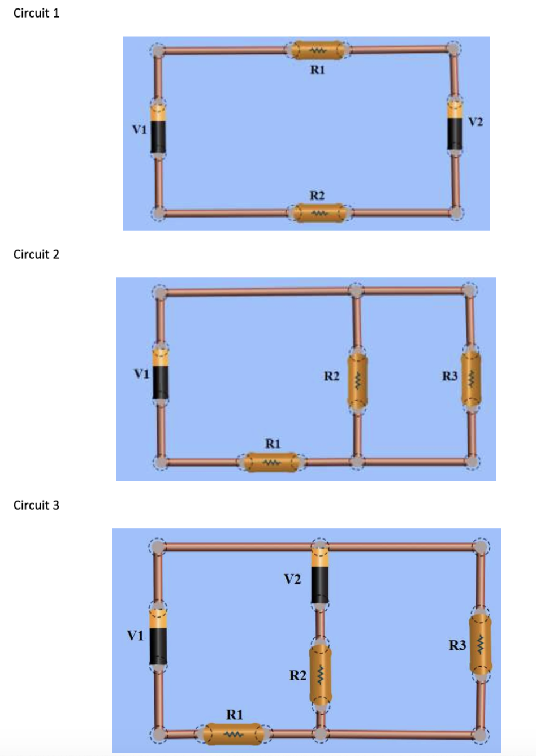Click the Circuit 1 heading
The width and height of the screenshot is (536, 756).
[x=36, y=13]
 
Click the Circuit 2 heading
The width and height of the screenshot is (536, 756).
[x=36, y=254]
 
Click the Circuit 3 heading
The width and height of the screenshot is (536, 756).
[x=36, y=505]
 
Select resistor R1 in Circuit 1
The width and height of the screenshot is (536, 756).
[x=318, y=50]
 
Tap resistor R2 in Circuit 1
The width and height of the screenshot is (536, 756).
[x=319, y=214]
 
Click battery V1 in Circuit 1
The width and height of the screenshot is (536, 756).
[x=158, y=129]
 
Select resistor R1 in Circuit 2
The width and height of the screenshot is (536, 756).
[x=271, y=462]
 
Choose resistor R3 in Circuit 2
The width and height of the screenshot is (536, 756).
[x=472, y=379]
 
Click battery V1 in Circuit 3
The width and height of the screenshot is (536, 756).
[x=158, y=637]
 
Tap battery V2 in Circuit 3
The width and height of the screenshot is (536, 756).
[x=320, y=576]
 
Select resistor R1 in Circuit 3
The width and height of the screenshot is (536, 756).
[x=233, y=734]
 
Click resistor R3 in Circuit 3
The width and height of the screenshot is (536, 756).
[x=481, y=644]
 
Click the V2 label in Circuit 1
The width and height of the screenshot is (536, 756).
[x=476, y=121]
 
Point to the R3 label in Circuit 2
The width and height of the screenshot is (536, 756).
[x=450, y=376]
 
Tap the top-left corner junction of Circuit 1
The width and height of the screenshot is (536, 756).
[x=159, y=50]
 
